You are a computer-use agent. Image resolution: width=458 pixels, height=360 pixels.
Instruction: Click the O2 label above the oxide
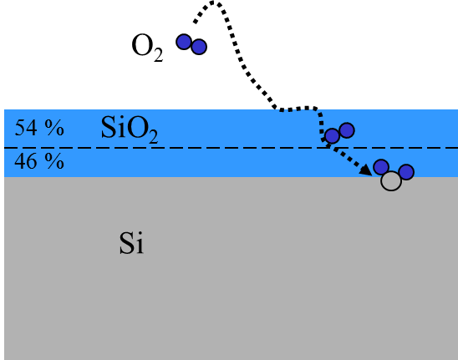tap(147, 48)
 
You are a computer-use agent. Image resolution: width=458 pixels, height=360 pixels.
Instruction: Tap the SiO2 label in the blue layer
tap(130, 129)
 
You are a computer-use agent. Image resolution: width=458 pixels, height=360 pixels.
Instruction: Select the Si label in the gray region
tap(131, 243)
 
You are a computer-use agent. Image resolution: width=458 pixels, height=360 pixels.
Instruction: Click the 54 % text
tap(39, 128)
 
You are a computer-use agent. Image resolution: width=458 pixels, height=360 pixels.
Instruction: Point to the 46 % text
tap(39, 161)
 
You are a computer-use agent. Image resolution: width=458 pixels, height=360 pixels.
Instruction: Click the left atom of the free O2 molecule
tap(184, 42)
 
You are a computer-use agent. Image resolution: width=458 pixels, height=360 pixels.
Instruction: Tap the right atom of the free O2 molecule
tap(199, 47)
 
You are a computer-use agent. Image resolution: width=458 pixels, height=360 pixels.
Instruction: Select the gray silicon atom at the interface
tap(391, 181)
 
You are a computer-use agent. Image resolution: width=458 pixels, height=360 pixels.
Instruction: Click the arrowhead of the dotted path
tap(366, 170)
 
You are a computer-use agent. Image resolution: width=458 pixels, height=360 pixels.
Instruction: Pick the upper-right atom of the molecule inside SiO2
tap(347, 130)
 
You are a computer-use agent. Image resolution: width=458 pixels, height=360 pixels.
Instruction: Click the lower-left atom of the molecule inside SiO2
tap(332, 136)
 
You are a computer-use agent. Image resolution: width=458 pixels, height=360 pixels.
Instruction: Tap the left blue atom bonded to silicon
tap(381, 167)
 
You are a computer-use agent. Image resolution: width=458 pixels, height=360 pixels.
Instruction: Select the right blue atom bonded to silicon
tap(406, 172)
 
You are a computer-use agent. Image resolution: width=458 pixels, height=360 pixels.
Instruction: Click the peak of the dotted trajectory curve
tap(214, 3)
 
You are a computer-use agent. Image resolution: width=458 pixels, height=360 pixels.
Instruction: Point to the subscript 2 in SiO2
tap(153, 136)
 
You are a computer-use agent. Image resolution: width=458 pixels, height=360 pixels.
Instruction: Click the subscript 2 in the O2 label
tap(158, 55)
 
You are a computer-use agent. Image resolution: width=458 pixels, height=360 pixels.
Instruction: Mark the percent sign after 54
tap(54, 128)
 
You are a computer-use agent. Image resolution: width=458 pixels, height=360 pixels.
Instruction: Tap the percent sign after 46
tap(54, 161)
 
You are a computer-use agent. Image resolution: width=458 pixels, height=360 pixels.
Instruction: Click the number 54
tap(26, 128)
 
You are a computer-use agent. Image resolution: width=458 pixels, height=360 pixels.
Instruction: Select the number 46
tap(26, 161)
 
